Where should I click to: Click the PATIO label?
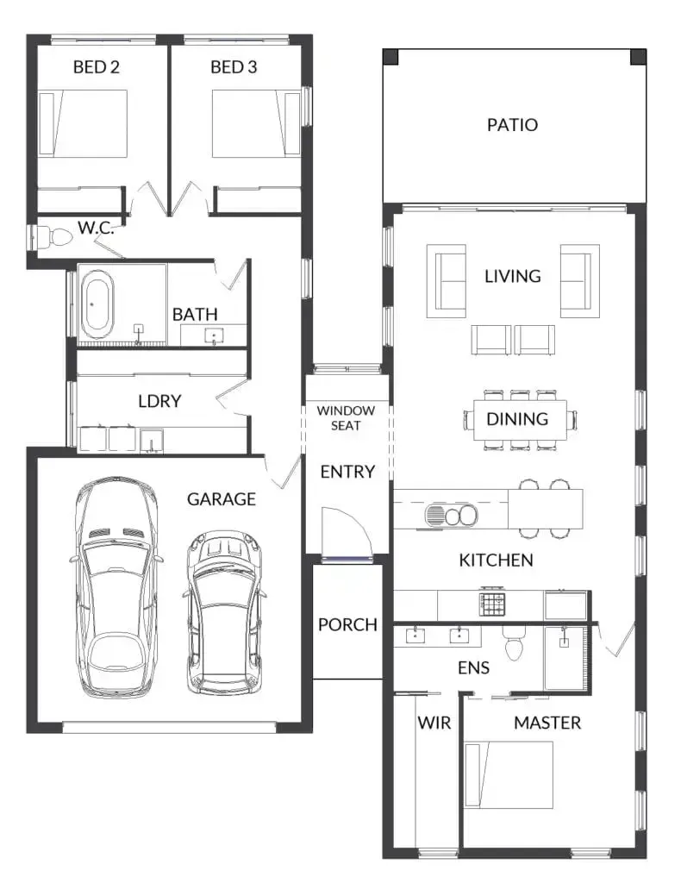pyautogui.click(x=512, y=125)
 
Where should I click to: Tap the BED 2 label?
pyautogui.click(x=96, y=67)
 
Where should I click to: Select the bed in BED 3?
pyautogui.click(x=249, y=124)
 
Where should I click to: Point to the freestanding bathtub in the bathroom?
pyautogui.click(x=97, y=304)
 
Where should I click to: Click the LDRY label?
pyautogui.click(x=159, y=401)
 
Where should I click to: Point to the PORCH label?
pyautogui.click(x=347, y=624)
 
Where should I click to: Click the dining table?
pyautogui.click(x=517, y=420)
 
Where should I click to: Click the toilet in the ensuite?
pyautogui.click(x=515, y=643)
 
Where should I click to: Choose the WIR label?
pyautogui.click(x=434, y=723)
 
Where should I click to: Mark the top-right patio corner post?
pyautogui.click(x=638, y=57)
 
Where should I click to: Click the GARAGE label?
pyautogui.click(x=222, y=498)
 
